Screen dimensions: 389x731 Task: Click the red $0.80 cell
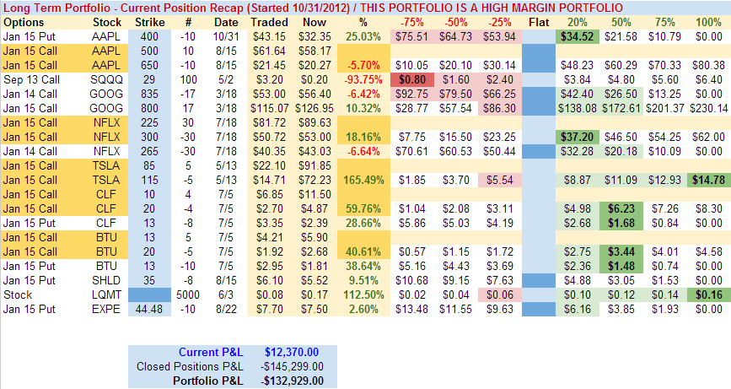coord(412,79)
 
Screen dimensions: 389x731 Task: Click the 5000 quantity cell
coord(190,295)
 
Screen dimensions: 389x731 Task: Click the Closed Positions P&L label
coord(190,366)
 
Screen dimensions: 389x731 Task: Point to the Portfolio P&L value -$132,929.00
coord(291,381)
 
